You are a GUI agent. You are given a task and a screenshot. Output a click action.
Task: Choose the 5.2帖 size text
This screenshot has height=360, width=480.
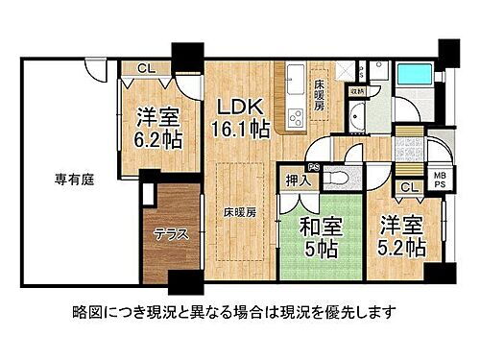point(403,248)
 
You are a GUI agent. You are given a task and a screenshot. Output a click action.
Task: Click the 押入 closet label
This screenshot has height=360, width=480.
point(299,180)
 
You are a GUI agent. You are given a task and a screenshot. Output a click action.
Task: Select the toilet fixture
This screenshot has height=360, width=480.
point(337,180)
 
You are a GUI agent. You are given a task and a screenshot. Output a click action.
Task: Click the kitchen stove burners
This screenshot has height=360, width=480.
point(293,117)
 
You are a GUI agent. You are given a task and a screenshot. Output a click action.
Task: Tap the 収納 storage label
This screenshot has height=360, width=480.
point(356,93)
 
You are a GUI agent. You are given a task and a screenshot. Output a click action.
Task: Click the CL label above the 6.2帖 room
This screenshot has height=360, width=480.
point(144,68)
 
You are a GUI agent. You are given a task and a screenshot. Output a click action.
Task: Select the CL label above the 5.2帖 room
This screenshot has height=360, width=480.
point(409,188)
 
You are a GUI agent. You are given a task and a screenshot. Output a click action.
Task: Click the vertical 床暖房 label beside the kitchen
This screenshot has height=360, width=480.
point(320,100)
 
